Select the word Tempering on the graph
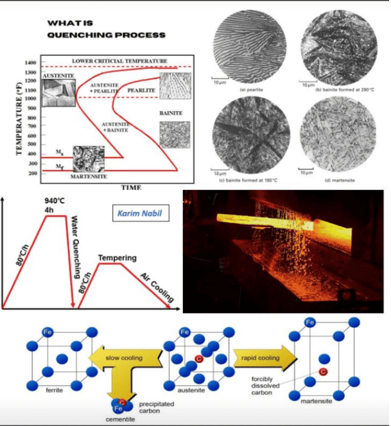pyautogui.click(x=117, y=258)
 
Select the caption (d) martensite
pyautogui.click(x=338, y=180)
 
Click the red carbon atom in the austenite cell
pyautogui.click(x=198, y=358)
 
